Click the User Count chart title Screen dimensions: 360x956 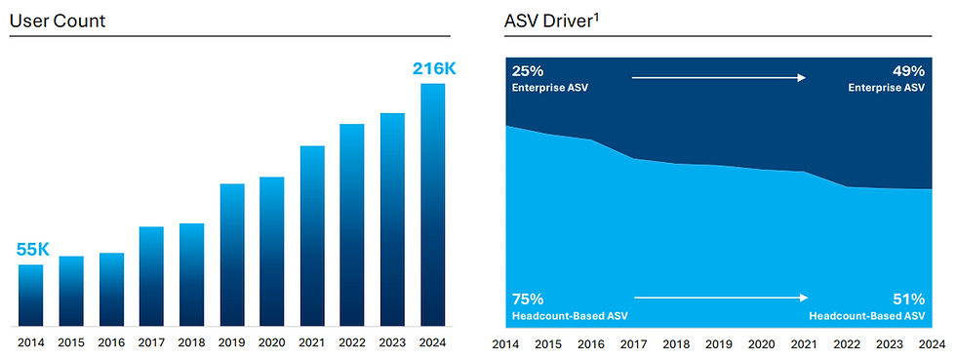pos(58,20)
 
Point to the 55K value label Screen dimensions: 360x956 pos(32,250)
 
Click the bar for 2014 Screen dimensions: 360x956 pos(31,295)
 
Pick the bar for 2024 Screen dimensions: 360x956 pos(432,205)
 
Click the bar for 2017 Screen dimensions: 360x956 pos(151,276)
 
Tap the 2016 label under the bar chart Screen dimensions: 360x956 pos(111,342)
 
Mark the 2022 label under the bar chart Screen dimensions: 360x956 pos(352,342)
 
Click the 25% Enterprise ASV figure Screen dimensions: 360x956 pos(527,70)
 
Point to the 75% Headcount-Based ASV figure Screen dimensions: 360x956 pos(527,299)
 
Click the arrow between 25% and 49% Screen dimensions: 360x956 pos(719,77)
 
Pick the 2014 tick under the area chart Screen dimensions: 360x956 pos(505,343)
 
